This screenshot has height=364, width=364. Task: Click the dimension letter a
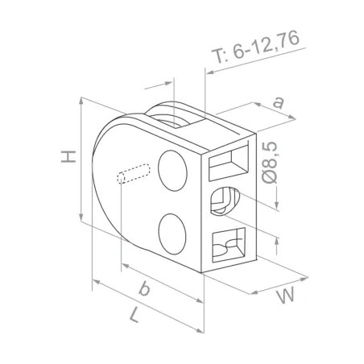point(279,102)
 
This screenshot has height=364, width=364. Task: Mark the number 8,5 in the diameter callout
point(271,151)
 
